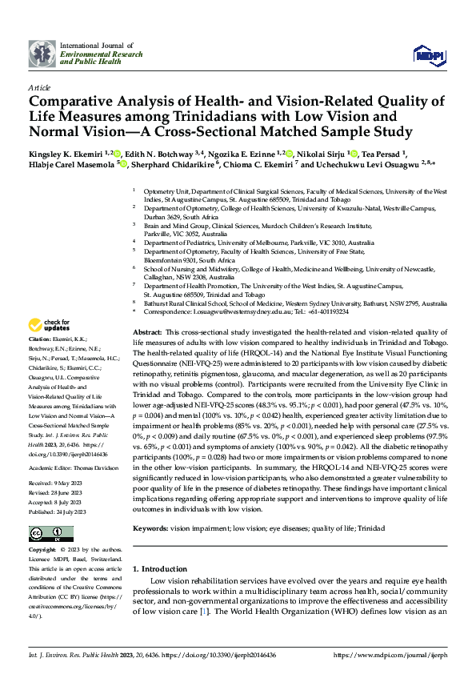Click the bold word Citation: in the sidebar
[x=40, y=339]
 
